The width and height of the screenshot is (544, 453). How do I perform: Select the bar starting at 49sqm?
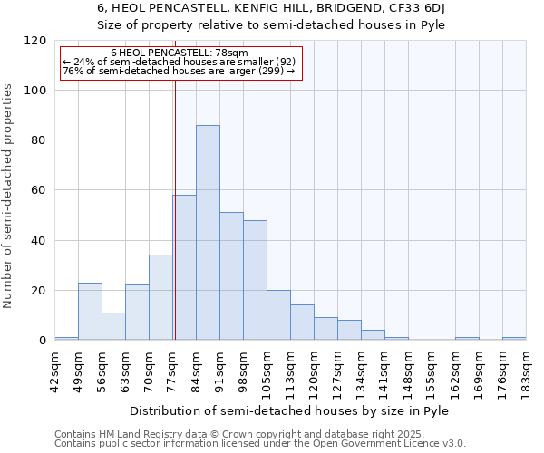(90, 312)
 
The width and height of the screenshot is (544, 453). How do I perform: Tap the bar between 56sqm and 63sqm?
(113, 326)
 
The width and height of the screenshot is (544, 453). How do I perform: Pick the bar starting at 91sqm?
(231, 276)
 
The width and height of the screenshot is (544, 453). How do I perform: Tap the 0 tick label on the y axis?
(43, 341)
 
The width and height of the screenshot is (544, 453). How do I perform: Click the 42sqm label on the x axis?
(55, 370)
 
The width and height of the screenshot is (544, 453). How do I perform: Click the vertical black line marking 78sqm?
(175, 208)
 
